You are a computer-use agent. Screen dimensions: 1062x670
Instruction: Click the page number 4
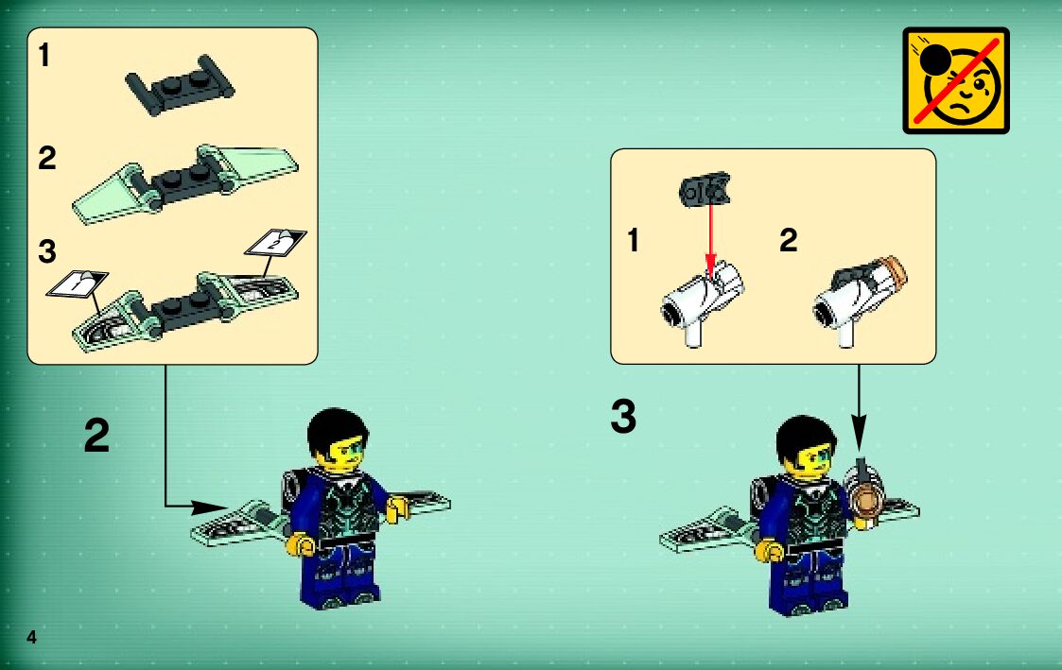click(x=31, y=637)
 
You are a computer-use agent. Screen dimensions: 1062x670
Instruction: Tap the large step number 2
click(x=96, y=436)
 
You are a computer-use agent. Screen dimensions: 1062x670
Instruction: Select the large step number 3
click(x=623, y=416)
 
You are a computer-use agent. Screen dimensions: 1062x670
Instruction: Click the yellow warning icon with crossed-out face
click(x=956, y=80)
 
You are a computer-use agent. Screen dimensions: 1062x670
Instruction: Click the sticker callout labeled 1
click(x=78, y=283)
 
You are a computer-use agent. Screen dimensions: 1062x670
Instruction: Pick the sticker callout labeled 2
click(x=275, y=242)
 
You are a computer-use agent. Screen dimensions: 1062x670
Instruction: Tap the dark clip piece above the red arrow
click(x=705, y=190)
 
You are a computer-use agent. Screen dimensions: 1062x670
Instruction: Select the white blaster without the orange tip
click(x=702, y=303)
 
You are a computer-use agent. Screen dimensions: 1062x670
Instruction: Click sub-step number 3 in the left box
click(x=46, y=251)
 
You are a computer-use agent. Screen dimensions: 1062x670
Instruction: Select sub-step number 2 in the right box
click(x=788, y=240)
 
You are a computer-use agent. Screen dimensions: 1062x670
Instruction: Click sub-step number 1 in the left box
click(x=44, y=55)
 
